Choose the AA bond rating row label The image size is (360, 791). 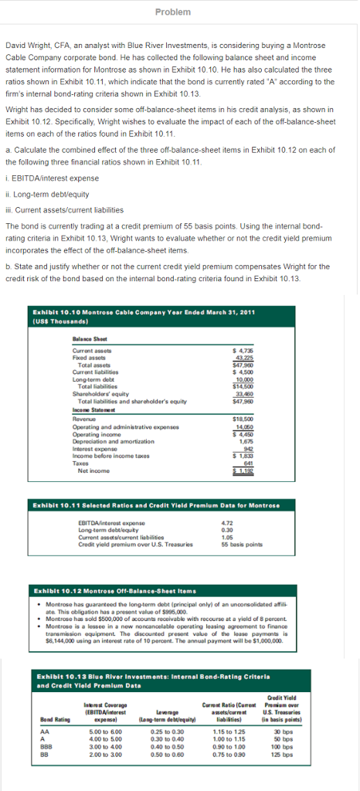pos(45,732)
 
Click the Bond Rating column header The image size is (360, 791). pos(50,721)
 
